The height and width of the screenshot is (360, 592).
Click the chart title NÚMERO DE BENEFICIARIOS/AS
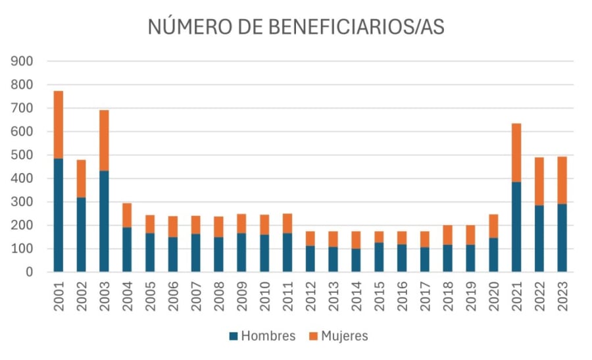tap(295, 27)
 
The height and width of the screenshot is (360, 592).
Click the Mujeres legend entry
tap(339, 336)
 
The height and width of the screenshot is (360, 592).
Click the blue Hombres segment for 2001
tap(59, 215)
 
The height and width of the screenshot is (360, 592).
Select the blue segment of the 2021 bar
tap(516, 227)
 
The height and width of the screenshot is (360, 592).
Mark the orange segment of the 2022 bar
tap(539, 181)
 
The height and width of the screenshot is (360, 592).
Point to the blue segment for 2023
tap(562, 238)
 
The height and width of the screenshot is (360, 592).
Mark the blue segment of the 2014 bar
tap(356, 260)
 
